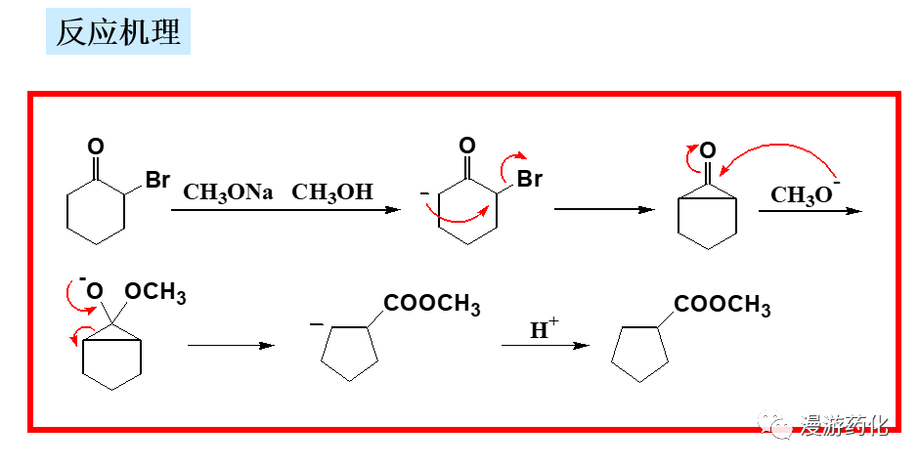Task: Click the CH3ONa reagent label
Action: pos(228,191)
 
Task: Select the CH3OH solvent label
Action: pos(332,191)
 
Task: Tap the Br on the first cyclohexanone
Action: pos(156,181)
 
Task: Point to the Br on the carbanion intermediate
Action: pos(529,181)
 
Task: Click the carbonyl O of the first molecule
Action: pos(95,148)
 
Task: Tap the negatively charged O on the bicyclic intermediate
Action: pos(94,290)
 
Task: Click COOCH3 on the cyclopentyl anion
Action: pos(432,305)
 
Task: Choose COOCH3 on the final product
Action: pos(722,305)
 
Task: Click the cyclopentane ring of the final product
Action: pos(640,355)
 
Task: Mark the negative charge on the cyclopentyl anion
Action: pos(316,324)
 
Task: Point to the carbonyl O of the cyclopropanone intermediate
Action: pos(708,150)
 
